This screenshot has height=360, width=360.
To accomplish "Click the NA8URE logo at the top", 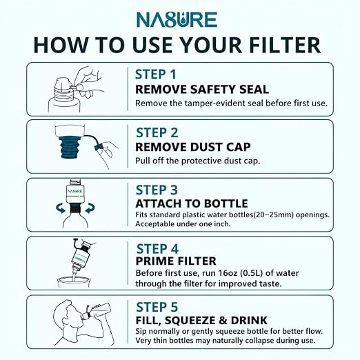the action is (x=177, y=19).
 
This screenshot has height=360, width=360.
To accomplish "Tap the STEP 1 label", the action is (x=156, y=74).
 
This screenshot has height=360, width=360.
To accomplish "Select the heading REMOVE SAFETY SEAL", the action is (x=202, y=90).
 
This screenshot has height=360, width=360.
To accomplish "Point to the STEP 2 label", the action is (x=157, y=132).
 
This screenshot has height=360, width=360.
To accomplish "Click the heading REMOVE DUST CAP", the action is (x=193, y=147).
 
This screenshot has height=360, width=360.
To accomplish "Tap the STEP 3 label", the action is (x=157, y=190).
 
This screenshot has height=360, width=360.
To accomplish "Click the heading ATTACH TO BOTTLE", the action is (x=192, y=203).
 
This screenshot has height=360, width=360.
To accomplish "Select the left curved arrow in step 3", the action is (x=61, y=208).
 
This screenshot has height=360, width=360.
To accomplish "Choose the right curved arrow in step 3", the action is (x=90, y=208).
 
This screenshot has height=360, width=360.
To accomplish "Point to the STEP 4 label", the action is (x=157, y=249).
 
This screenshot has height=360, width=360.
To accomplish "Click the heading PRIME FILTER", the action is (x=176, y=261).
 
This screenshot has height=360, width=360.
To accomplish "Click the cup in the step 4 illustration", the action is (x=74, y=282).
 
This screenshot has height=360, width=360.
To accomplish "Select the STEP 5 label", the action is (x=157, y=307).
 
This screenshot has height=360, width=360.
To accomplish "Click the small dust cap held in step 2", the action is (x=98, y=147).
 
